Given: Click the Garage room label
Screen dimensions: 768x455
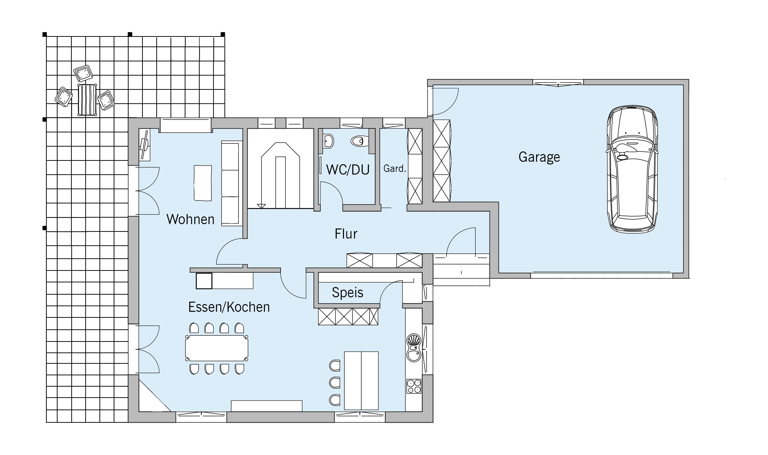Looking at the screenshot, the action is pyautogui.click(x=539, y=157).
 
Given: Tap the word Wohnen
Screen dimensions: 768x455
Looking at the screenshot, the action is pyautogui.click(x=190, y=219).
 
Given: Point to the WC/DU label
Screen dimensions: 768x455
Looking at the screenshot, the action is pyautogui.click(x=348, y=169).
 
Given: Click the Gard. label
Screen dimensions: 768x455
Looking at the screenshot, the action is pyautogui.click(x=395, y=168).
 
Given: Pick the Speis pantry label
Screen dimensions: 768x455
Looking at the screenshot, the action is pyautogui.click(x=348, y=292).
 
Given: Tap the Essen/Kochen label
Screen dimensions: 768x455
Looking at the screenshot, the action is pyautogui.click(x=229, y=307).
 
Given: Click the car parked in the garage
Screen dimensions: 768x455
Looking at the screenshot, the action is pyautogui.click(x=632, y=169).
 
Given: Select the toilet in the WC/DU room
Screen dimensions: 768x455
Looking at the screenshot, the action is pyautogui.click(x=360, y=141).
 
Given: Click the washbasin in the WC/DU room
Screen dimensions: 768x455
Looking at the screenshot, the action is pyautogui.click(x=328, y=141).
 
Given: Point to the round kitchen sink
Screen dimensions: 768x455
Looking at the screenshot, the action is pyautogui.click(x=414, y=356).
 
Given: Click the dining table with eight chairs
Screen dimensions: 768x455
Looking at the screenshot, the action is pyautogui.click(x=217, y=348).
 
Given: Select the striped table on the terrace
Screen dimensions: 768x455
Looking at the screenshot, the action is pyautogui.click(x=87, y=100).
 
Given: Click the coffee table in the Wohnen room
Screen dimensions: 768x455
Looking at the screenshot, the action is pyautogui.click(x=203, y=183).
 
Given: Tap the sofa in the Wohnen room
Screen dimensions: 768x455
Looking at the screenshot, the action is pyautogui.click(x=232, y=183).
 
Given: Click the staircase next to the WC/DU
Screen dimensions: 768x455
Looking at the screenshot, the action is pyautogui.click(x=280, y=168).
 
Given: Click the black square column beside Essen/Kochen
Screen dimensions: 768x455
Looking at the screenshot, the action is pyautogui.click(x=204, y=281).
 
